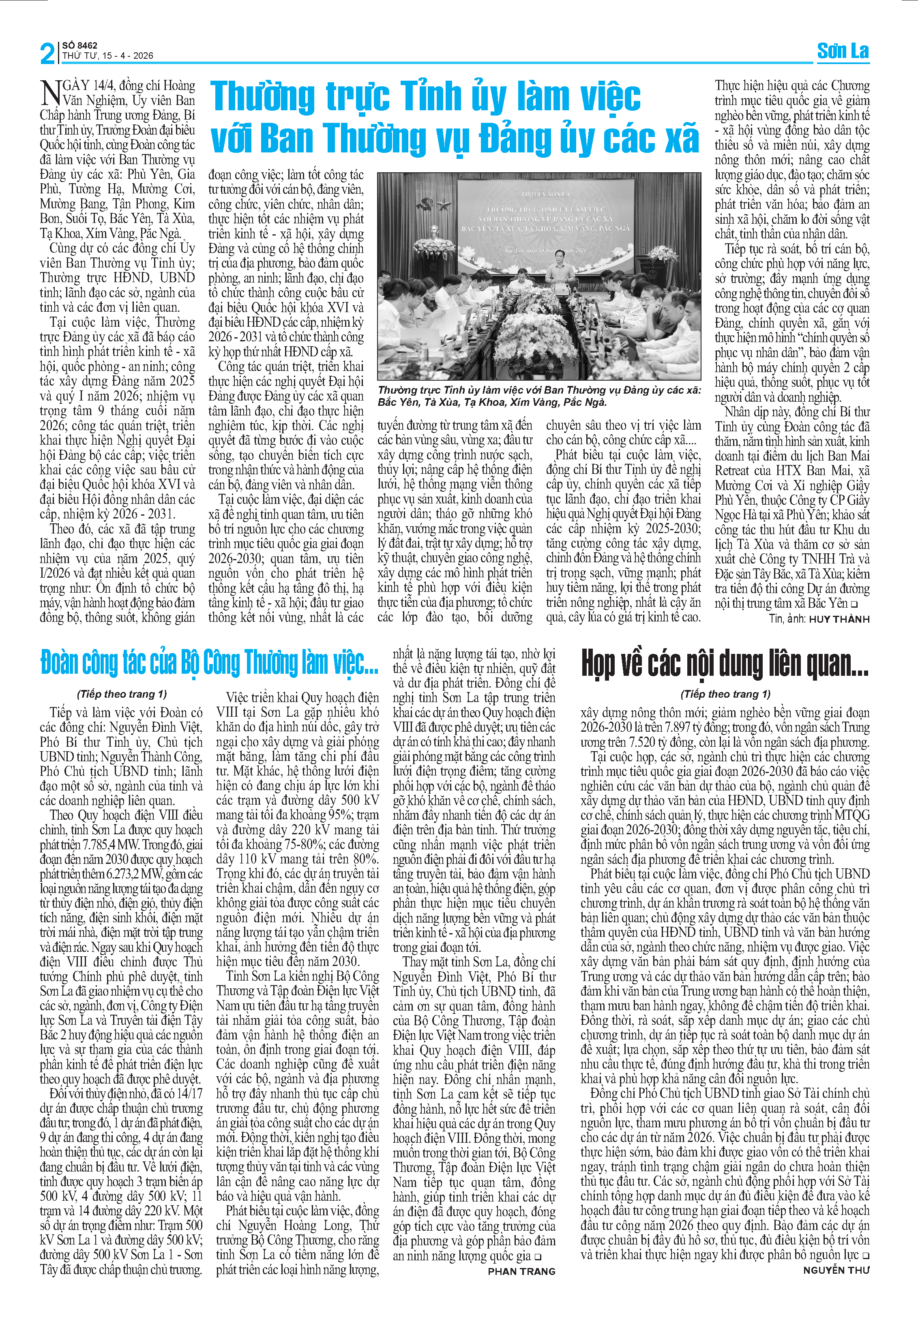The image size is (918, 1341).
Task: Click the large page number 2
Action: coord(47,53)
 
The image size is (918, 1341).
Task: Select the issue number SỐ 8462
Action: coord(79,45)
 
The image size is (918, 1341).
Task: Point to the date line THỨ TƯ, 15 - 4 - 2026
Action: coord(107,56)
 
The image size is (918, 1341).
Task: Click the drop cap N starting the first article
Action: coord(51,92)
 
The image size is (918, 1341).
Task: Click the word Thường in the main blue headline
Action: coord(264,96)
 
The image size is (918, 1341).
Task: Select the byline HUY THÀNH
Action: coord(839,619)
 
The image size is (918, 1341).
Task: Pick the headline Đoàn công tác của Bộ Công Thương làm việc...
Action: coord(209,663)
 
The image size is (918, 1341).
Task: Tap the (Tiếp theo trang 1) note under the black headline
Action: coord(725,694)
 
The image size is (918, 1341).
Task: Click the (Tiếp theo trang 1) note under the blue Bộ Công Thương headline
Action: coord(122,694)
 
